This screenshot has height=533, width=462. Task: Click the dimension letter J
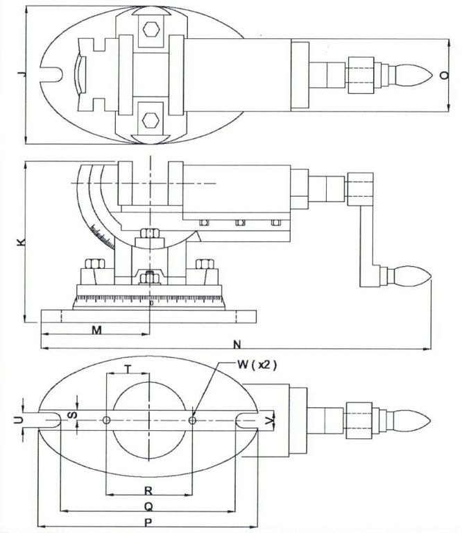pyautogui.click(x=23, y=72)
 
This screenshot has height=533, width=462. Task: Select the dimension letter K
pyautogui.click(x=22, y=242)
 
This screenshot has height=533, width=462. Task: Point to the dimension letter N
pyautogui.click(x=237, y=345)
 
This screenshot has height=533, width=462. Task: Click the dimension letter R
pyautogui.click(x=148, y=490)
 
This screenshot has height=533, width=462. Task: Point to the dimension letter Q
pyautogui.click(x=148, y=507)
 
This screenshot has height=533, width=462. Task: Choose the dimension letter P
pyautogui.click(x=148, y=523)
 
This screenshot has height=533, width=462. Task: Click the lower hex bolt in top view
pyautogui.click(x=148, y=117)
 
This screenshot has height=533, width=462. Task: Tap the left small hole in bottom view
pyautogui.click(x=105, y=420)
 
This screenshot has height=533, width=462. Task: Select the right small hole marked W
pyautogui.click(x=192, y=420)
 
